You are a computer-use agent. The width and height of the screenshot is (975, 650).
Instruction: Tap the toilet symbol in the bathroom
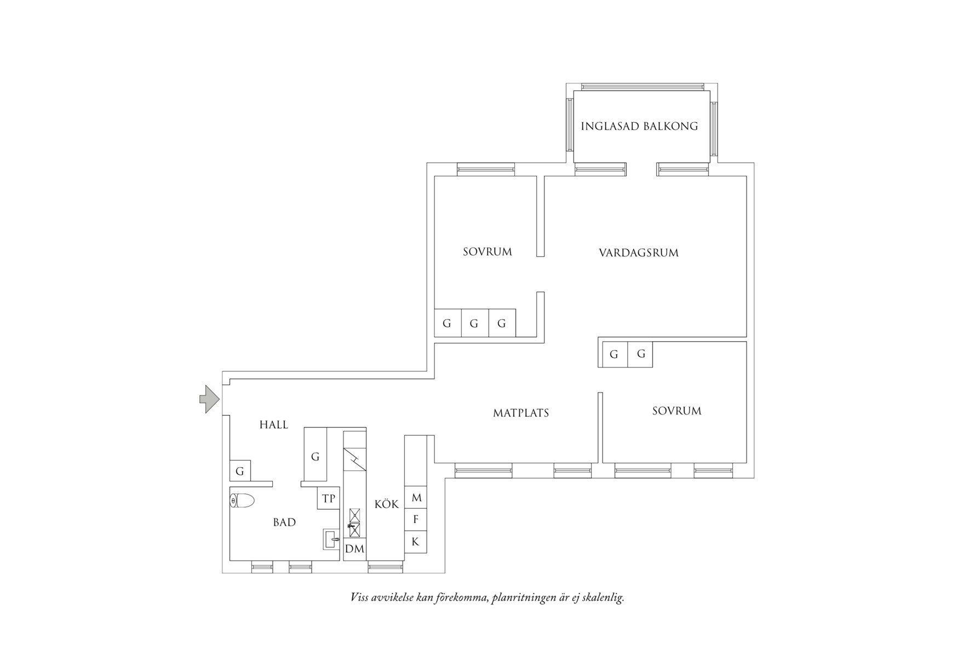point(243,501)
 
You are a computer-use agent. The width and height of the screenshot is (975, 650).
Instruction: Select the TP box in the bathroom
point(328,498)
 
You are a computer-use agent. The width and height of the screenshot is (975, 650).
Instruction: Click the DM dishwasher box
point(354,549)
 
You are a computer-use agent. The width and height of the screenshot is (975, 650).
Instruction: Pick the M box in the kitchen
point(416,498)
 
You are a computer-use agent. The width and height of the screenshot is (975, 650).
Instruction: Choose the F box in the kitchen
point(416,520)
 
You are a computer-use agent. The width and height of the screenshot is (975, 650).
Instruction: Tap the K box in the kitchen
point(416,542)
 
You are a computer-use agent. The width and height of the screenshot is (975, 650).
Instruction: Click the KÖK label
point(386,504)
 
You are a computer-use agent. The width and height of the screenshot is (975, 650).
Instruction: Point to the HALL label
point(273,425)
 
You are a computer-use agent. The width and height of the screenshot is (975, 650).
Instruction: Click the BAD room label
point(284,522)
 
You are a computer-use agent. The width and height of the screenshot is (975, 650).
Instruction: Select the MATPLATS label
point(520,413)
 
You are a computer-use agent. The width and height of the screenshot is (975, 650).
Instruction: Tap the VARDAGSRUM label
point(638,253)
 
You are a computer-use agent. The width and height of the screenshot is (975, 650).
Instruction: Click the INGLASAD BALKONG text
point(639,126)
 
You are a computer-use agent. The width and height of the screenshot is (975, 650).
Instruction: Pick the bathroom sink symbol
point(331,539)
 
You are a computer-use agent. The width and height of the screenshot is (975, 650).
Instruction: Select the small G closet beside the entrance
point(240,471)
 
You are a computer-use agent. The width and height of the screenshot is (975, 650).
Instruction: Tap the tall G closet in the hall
point(315,456)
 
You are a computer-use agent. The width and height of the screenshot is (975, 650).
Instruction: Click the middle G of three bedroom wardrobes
point(474,323)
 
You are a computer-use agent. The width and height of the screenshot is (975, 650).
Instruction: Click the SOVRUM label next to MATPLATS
point(676,411)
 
